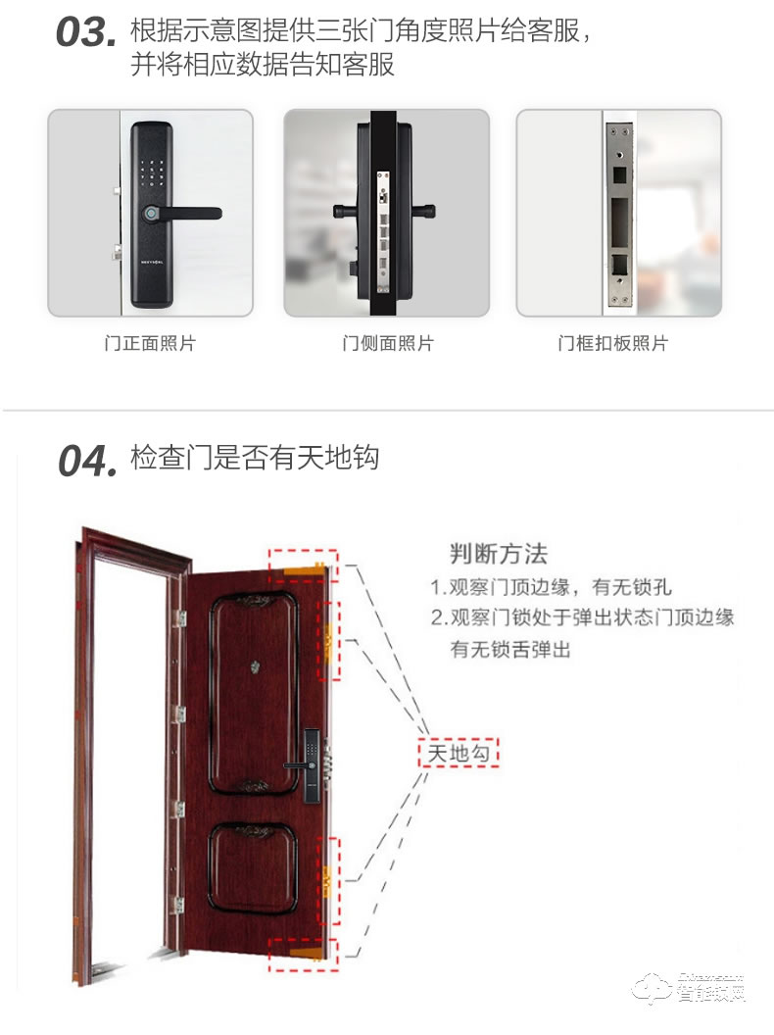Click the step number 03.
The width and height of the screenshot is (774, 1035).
tap(85, 32)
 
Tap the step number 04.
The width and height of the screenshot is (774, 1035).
tap(87, 461)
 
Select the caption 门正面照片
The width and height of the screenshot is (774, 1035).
tap(150, 344)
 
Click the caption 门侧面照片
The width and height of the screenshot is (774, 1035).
tap(387, 344)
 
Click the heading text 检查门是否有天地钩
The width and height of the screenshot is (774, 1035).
tap(255, 458)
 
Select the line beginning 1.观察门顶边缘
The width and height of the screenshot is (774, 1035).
tap(552, 588)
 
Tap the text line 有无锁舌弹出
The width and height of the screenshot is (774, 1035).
tap(509, 649)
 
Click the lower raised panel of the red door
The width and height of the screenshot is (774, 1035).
tap(253, 867)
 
